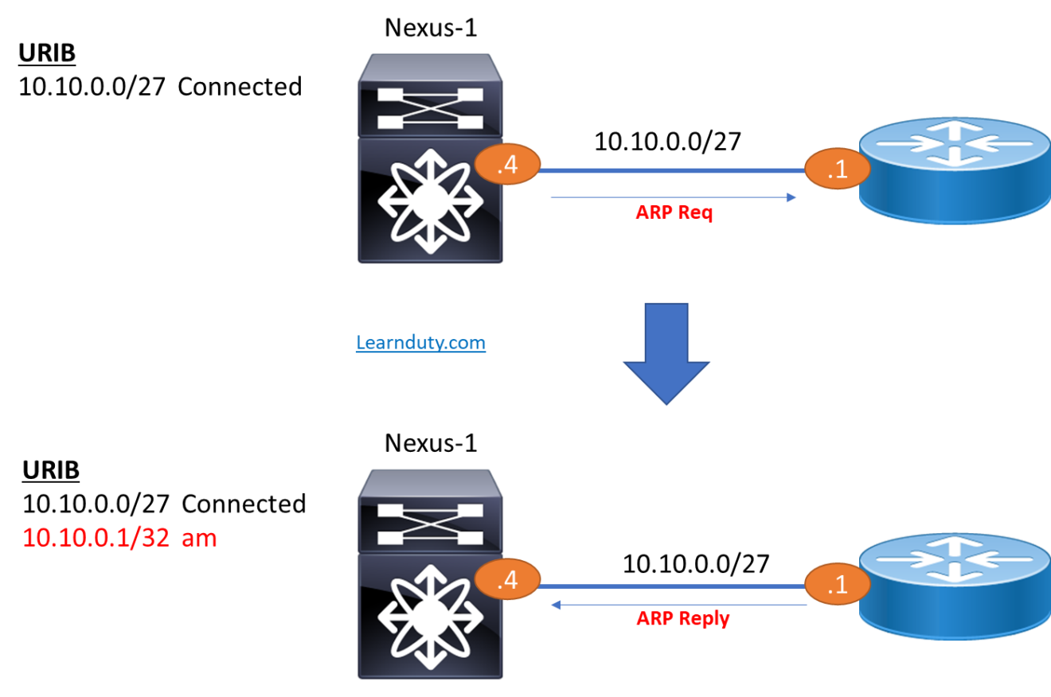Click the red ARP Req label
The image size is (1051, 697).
674,212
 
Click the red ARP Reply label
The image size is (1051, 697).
682,618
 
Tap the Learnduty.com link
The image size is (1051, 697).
420,343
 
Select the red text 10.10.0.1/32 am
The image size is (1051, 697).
119,539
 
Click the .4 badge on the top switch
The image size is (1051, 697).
507,165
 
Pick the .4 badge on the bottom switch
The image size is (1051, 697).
507,580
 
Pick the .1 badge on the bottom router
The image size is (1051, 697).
837,586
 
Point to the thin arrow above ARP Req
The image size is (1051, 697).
673,197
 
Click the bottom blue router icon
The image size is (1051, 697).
955,585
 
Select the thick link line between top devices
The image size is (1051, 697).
673,170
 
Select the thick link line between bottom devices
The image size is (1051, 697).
673,586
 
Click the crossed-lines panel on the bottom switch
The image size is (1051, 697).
430,523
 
